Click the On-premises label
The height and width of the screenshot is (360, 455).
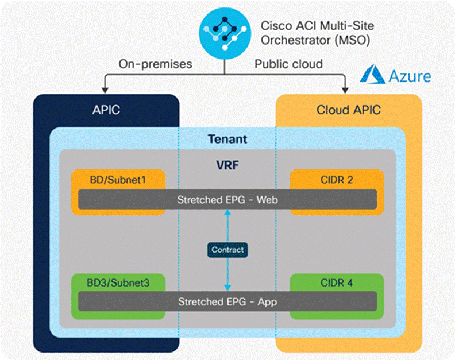[155, 64]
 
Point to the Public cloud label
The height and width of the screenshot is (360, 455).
[289, 64]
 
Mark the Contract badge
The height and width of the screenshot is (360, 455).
[227, 250]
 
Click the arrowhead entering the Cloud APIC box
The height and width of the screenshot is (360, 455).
[345, 89]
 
